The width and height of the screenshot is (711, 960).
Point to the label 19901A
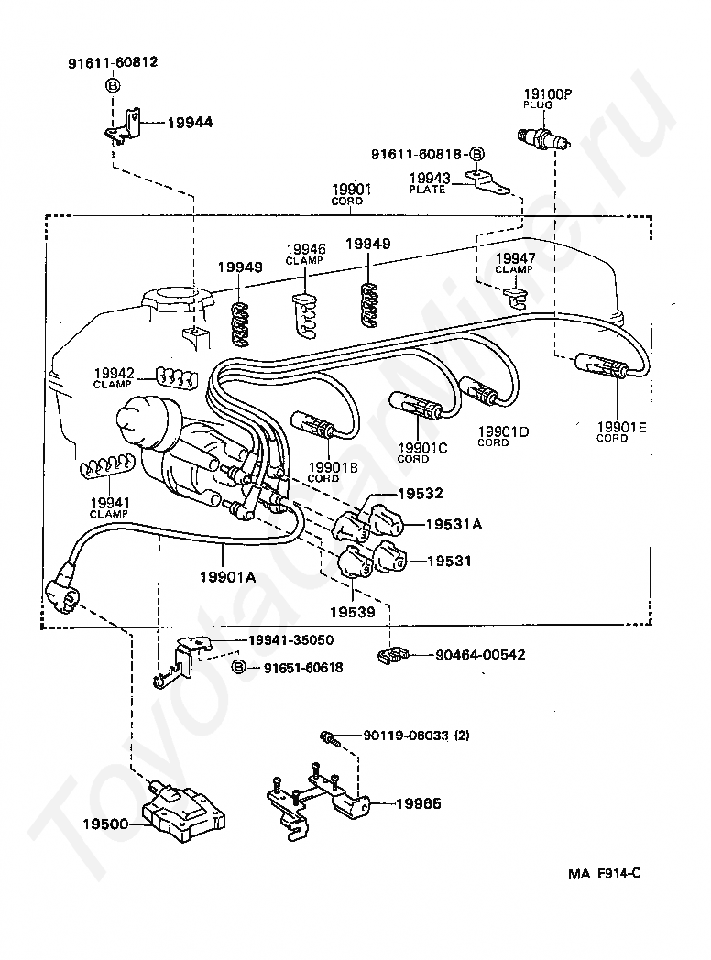click(228, 576)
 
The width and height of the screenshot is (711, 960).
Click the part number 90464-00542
click(480, 654)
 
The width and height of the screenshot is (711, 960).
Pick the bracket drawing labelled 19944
click(122, 126)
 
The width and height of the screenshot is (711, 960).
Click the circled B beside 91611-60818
click(476, 154)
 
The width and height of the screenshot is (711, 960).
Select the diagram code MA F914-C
click(604, 874)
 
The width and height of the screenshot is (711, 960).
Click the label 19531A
click(454, 524)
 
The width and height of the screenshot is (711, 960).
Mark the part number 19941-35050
click(290, 639)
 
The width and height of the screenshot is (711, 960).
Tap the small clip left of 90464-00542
click(392, 654)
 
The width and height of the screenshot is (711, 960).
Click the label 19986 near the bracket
click(419, 803)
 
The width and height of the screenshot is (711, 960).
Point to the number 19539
click(352, 612)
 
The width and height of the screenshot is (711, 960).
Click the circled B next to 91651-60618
click(239, 668)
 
